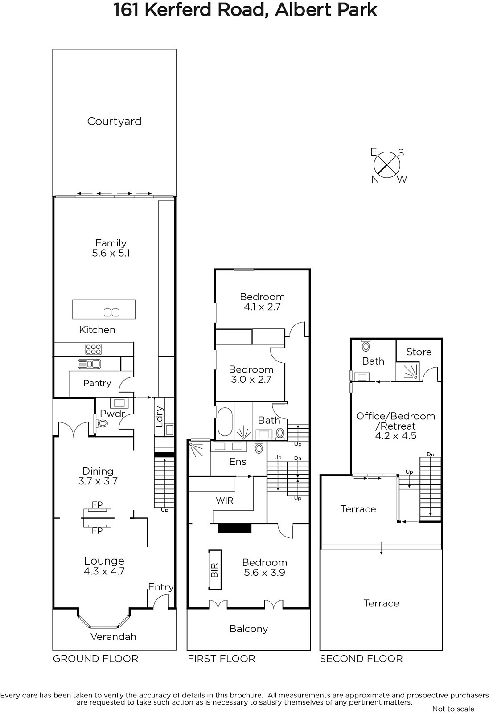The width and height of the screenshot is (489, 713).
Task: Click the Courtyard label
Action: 114,122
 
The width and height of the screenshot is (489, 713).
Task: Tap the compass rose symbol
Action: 386,165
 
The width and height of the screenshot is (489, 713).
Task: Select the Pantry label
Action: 97,383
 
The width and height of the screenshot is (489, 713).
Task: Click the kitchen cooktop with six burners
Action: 93,349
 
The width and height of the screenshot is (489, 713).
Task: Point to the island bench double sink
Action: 111,312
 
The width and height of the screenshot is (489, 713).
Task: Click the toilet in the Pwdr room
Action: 102,423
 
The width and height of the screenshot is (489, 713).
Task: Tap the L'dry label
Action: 160,417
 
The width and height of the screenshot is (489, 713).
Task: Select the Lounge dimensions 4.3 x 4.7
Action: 104,571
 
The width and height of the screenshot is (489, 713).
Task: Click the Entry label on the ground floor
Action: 161,587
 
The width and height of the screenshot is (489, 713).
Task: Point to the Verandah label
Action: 113,637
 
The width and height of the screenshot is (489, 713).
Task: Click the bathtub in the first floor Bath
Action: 225,422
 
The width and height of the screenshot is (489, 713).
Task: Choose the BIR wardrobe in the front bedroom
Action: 215,570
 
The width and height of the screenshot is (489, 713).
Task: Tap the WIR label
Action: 225,501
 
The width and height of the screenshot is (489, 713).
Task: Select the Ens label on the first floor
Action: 238,462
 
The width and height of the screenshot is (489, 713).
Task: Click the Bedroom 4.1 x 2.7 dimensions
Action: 262,307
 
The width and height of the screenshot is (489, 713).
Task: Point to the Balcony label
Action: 249,629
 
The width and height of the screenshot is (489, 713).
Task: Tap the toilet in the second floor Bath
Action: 366,346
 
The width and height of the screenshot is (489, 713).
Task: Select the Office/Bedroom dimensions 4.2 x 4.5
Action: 396,435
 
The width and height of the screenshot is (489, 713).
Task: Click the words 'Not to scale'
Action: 453,709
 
